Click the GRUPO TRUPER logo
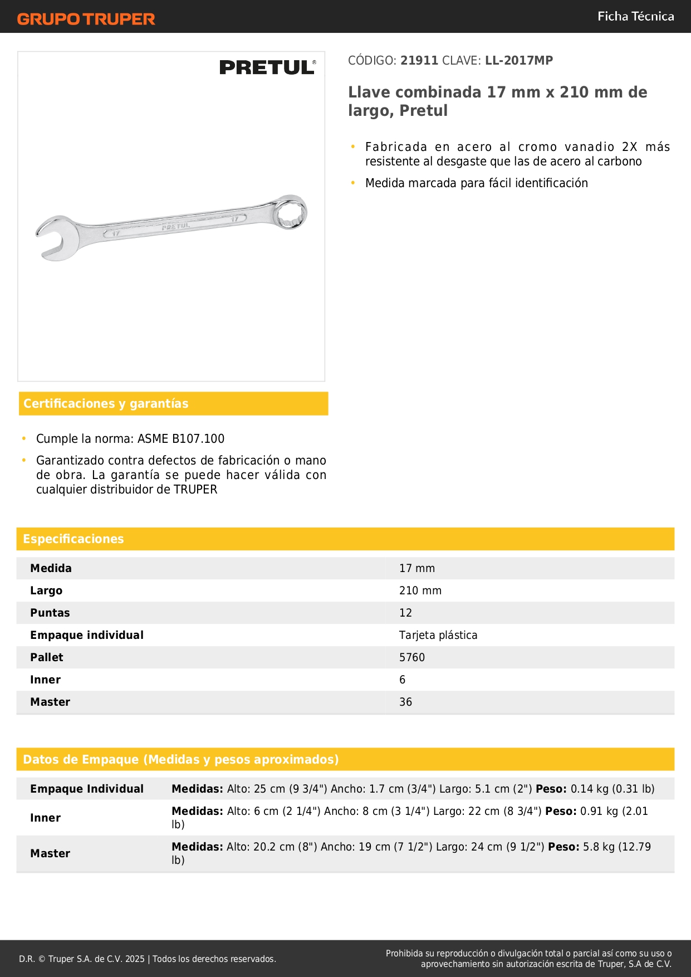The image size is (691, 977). point(86,19)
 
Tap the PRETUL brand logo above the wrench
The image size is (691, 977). point(267,67)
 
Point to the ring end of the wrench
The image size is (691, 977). point(291,212)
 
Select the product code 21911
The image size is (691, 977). point(419,61)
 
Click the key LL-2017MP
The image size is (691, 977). point(519,61)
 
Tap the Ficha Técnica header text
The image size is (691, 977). point(635,17)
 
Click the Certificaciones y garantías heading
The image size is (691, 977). point(106,404)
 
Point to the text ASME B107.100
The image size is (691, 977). point(181,439)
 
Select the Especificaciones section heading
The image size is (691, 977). point(73,539)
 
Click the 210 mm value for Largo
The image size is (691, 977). point(420,591)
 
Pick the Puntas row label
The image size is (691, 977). point(50,613)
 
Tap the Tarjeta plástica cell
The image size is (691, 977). point(438,636)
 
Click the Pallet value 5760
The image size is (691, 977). point(411,658)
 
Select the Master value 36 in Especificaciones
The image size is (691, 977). point(405,702)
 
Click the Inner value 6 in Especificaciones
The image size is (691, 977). point(402,680)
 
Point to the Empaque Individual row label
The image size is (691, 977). point(87,789)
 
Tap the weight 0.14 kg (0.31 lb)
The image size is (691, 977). point(612,789)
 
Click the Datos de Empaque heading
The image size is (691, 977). point(180,760)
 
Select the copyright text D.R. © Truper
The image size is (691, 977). point(147,959)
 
